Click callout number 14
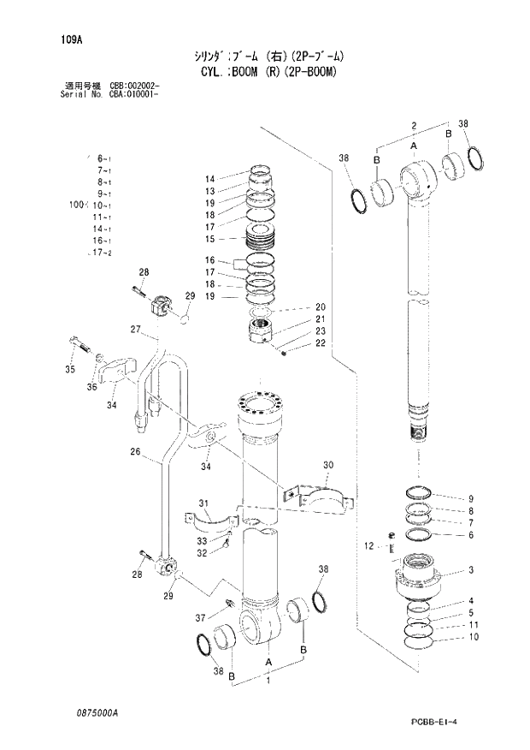[209, 179]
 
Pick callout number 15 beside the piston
[209, 239]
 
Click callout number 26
[136, 452]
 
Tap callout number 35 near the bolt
[70, 370]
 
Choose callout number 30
[327, 466]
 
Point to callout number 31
[204, 503]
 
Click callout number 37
[201, 618]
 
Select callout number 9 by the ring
[470, 498]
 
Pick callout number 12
[369, 546]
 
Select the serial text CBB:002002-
[131, 86]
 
